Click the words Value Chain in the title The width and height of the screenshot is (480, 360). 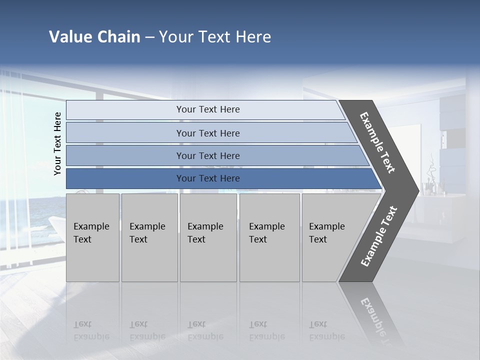click(94, 37)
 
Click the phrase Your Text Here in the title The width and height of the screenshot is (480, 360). click(215, 37)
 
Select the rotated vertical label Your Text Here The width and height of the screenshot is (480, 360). click(57, 143)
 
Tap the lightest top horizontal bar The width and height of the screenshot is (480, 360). click(207, 109)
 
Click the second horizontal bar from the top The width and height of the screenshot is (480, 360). click(207, 133)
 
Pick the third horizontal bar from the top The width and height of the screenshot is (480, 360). click(207, 155)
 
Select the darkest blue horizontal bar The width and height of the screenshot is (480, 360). click(207, 178)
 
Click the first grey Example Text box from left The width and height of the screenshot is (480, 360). click(92, 237)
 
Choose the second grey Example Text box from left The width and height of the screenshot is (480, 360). click(149, 237)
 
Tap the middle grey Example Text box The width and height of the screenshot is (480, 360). click(208, 237)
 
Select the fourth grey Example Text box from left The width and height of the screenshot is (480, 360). click(269, 237)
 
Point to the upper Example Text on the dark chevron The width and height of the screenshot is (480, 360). click(377, 142)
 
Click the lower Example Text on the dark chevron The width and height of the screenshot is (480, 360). click(379, 236)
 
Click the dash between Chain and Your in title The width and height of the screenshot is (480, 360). click(149, 37)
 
